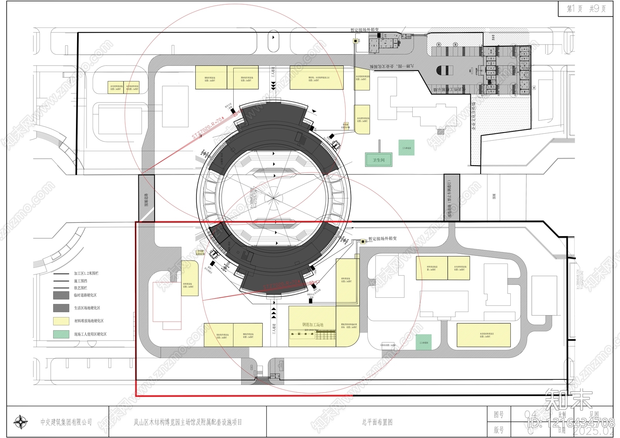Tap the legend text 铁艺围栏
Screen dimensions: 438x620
point(81,288)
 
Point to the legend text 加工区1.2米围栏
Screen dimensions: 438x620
point(86,273)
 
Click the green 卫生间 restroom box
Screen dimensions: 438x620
point(379,160)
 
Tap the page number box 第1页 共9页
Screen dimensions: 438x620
point(586,9)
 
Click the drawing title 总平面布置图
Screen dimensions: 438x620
point(377,422)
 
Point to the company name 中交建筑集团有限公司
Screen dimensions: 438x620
point(66,422)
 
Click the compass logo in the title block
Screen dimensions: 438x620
point(20,422)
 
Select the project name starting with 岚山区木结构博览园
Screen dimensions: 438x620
point(188,422)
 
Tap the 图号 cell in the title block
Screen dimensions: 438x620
point(499,415)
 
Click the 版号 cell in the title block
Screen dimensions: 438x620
point(499,430)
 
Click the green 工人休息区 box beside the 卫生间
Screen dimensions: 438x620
point(406,148)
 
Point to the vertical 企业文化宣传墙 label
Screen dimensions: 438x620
point(474,116)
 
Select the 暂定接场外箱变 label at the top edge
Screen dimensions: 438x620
point(364,30)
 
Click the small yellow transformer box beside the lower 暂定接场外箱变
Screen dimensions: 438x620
point(363,241)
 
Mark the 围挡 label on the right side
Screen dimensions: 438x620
point(494,197)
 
